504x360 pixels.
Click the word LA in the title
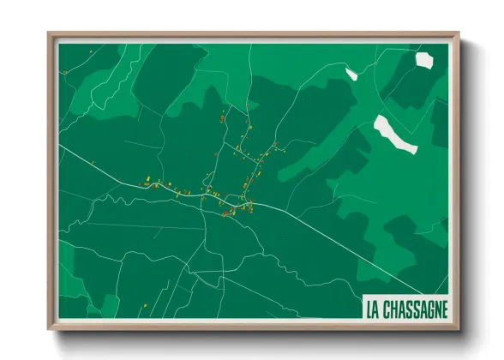(371, 308)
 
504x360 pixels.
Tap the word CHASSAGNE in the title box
(416, 308)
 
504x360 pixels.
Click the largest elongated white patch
(396, 135)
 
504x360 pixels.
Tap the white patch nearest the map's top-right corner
(424, 59)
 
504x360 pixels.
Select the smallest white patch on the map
(351, 74)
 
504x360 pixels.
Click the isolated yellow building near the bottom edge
(145, 304)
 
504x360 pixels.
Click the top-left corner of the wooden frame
(49, 34)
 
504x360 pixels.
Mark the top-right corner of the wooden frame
(459, 34)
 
